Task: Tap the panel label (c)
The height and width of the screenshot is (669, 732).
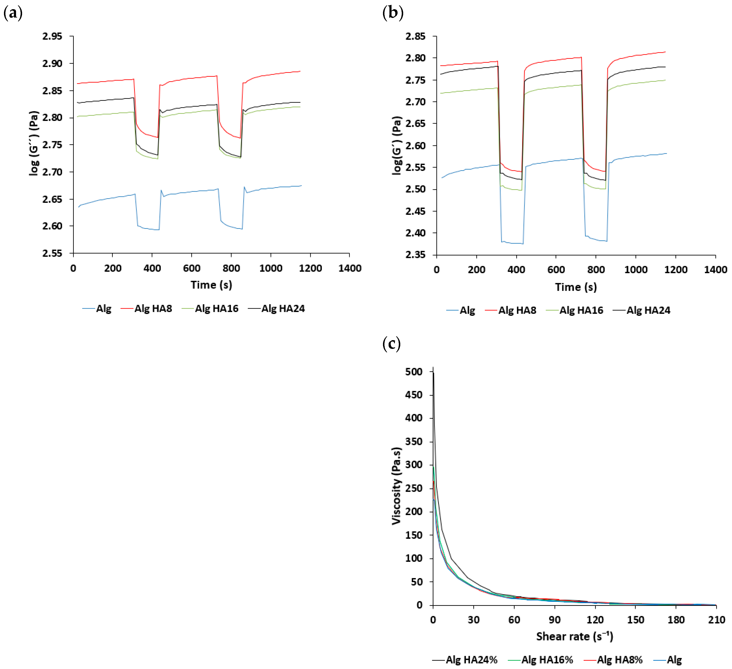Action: (391, 343)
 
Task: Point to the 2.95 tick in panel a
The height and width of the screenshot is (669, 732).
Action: (52, 36)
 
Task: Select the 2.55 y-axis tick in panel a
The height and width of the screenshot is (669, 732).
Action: (52, 253)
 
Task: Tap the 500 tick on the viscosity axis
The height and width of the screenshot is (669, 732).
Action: (414, 372)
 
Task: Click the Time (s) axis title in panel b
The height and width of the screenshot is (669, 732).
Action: (576, 287)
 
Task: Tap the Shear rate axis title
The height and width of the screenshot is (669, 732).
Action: (574, 637)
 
